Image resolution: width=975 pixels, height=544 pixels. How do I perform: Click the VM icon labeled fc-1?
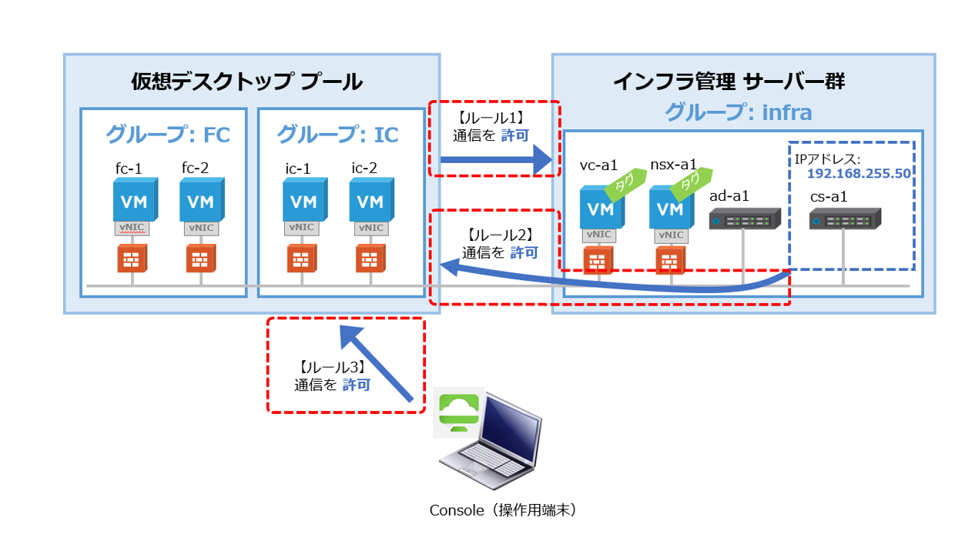tap(133, 200)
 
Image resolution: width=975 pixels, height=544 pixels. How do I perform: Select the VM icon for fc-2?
tap(201, 200)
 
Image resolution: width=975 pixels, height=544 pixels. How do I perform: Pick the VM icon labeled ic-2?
tap(370, 200)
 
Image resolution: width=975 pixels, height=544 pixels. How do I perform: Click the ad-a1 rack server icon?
tap(744, 221)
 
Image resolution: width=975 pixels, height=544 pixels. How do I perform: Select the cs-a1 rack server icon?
tap(844, 221)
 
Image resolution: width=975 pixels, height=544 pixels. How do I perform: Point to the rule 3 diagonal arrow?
tap(377, 362)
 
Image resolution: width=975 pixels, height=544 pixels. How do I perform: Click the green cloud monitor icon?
tap(456, 412)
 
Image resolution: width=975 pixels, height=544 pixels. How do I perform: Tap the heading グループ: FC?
tap(167, 135)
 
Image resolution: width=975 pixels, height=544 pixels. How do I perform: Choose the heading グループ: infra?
tap(738, 112)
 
